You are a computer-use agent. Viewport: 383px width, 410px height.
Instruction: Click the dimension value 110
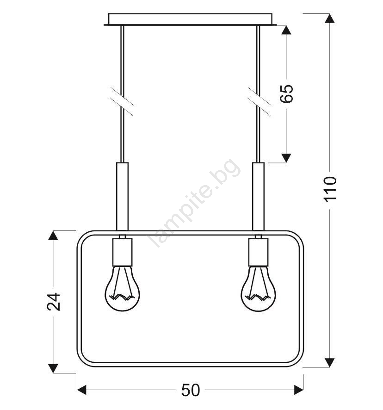pos(330,189)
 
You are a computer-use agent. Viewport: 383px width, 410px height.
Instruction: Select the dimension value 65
pos(286,93)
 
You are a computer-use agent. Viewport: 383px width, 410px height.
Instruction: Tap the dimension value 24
pos(54,302)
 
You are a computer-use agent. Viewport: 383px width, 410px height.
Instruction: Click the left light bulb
pos(123,289)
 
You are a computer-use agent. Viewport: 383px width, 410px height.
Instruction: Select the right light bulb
pos(258,289)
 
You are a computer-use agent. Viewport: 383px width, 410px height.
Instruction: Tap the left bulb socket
pos(123,252)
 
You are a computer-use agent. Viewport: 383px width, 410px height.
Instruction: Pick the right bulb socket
pos(258,252)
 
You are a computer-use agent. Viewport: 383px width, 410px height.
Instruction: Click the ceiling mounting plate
pos(190,19)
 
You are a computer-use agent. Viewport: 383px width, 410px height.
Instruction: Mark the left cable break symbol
pos(122,101)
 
